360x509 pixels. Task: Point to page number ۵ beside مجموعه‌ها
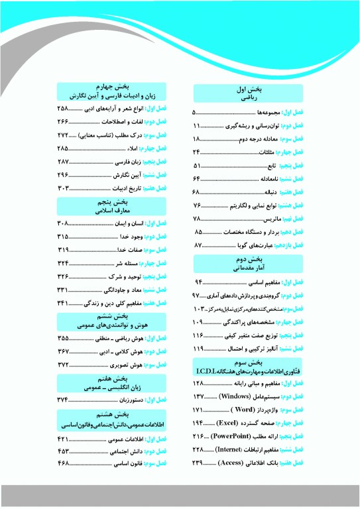pyautogui.click(x=194, y=113)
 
